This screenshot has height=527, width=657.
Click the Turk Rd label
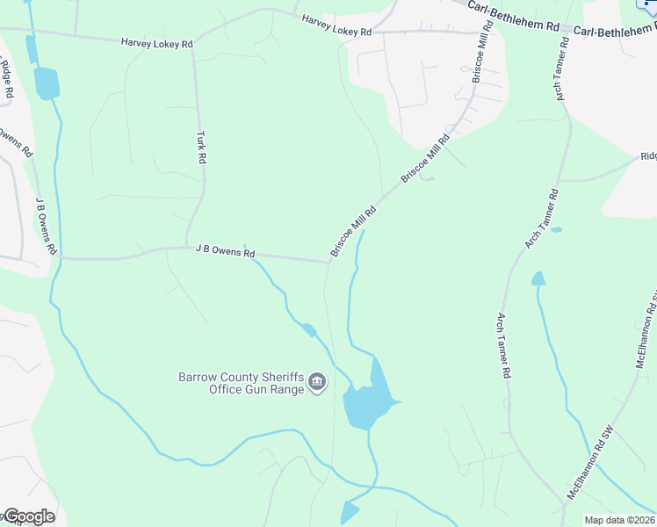tap(201, 148)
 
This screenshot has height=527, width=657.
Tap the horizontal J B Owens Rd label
tap(225, 251)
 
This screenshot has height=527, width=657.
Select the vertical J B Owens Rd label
tap(45, 225)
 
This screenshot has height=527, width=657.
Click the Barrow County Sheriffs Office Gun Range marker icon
tap(317, 383)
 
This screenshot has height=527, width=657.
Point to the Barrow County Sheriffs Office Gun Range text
tap(241, 383)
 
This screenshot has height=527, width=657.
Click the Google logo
tap(28, 516)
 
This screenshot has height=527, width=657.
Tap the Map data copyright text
tap(618, 520)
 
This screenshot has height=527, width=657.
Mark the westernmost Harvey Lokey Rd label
tap(156, 41)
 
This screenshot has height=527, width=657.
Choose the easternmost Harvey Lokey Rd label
tap(336, 25)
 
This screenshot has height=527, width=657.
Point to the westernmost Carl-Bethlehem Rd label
tap(513, 17)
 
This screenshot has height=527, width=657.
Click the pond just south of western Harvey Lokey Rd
tap(46, 83)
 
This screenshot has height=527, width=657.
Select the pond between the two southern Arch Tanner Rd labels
tap(538, 279)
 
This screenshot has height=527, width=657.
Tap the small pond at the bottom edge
tap(350, 512)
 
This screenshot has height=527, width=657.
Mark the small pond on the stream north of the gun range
tap(308, 330)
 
